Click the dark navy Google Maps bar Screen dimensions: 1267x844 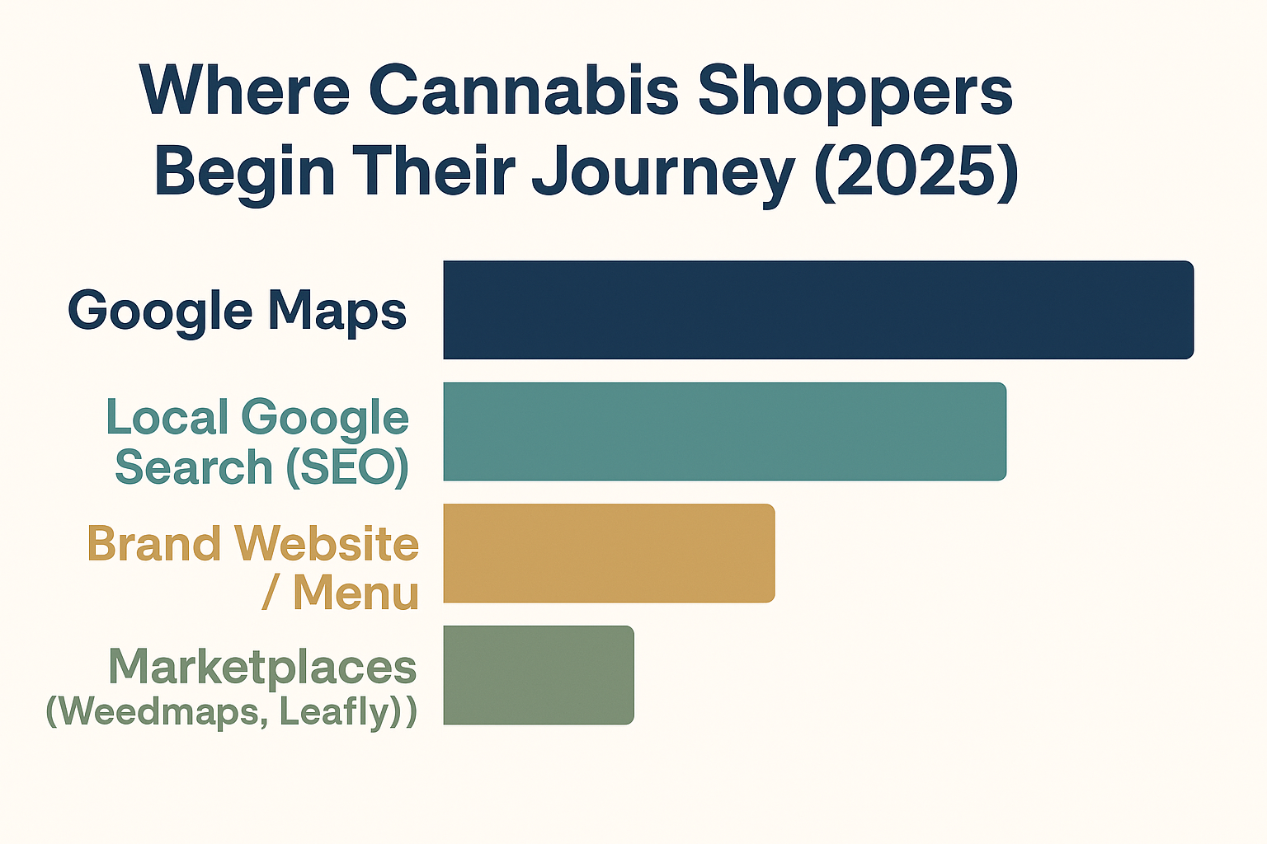tap(818, 310)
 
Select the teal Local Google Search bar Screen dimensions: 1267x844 tap(724, 431)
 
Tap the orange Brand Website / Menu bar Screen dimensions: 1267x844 tap(610, 553)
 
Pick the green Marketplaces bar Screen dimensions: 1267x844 tap(539, 675)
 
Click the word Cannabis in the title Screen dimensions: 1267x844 tap(524, 91)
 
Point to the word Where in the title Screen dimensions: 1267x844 tap(244, 91)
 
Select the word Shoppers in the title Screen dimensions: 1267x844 tap(855, 94)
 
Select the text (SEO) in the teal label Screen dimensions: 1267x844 tap(347, 468)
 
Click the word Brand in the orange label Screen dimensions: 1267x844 tap(154, 543)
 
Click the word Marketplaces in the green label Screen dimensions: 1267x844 tap(262, 668)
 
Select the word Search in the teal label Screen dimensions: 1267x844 tap(194, 467)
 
